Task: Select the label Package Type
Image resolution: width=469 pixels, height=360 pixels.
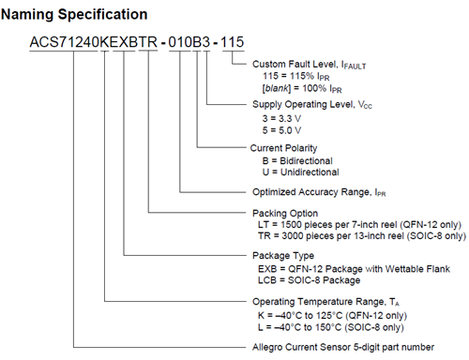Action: (283, 255)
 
